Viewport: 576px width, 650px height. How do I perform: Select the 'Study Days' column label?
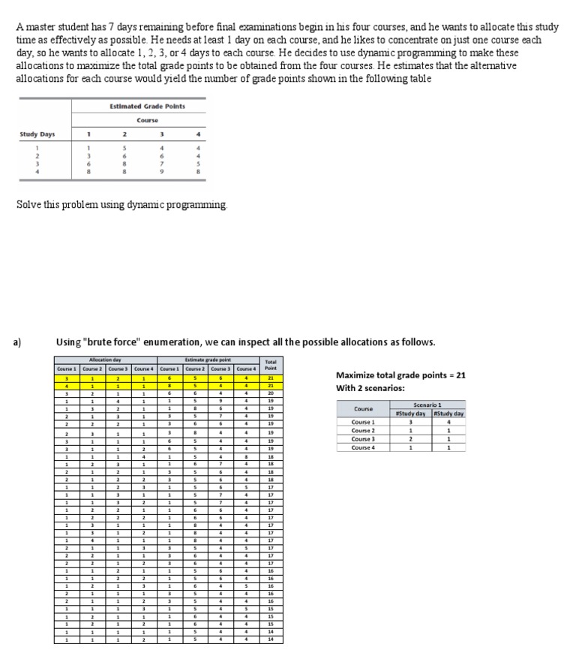point(37,135)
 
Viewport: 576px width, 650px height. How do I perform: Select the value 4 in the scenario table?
point(448,422)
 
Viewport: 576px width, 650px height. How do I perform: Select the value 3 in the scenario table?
point(414,422)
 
